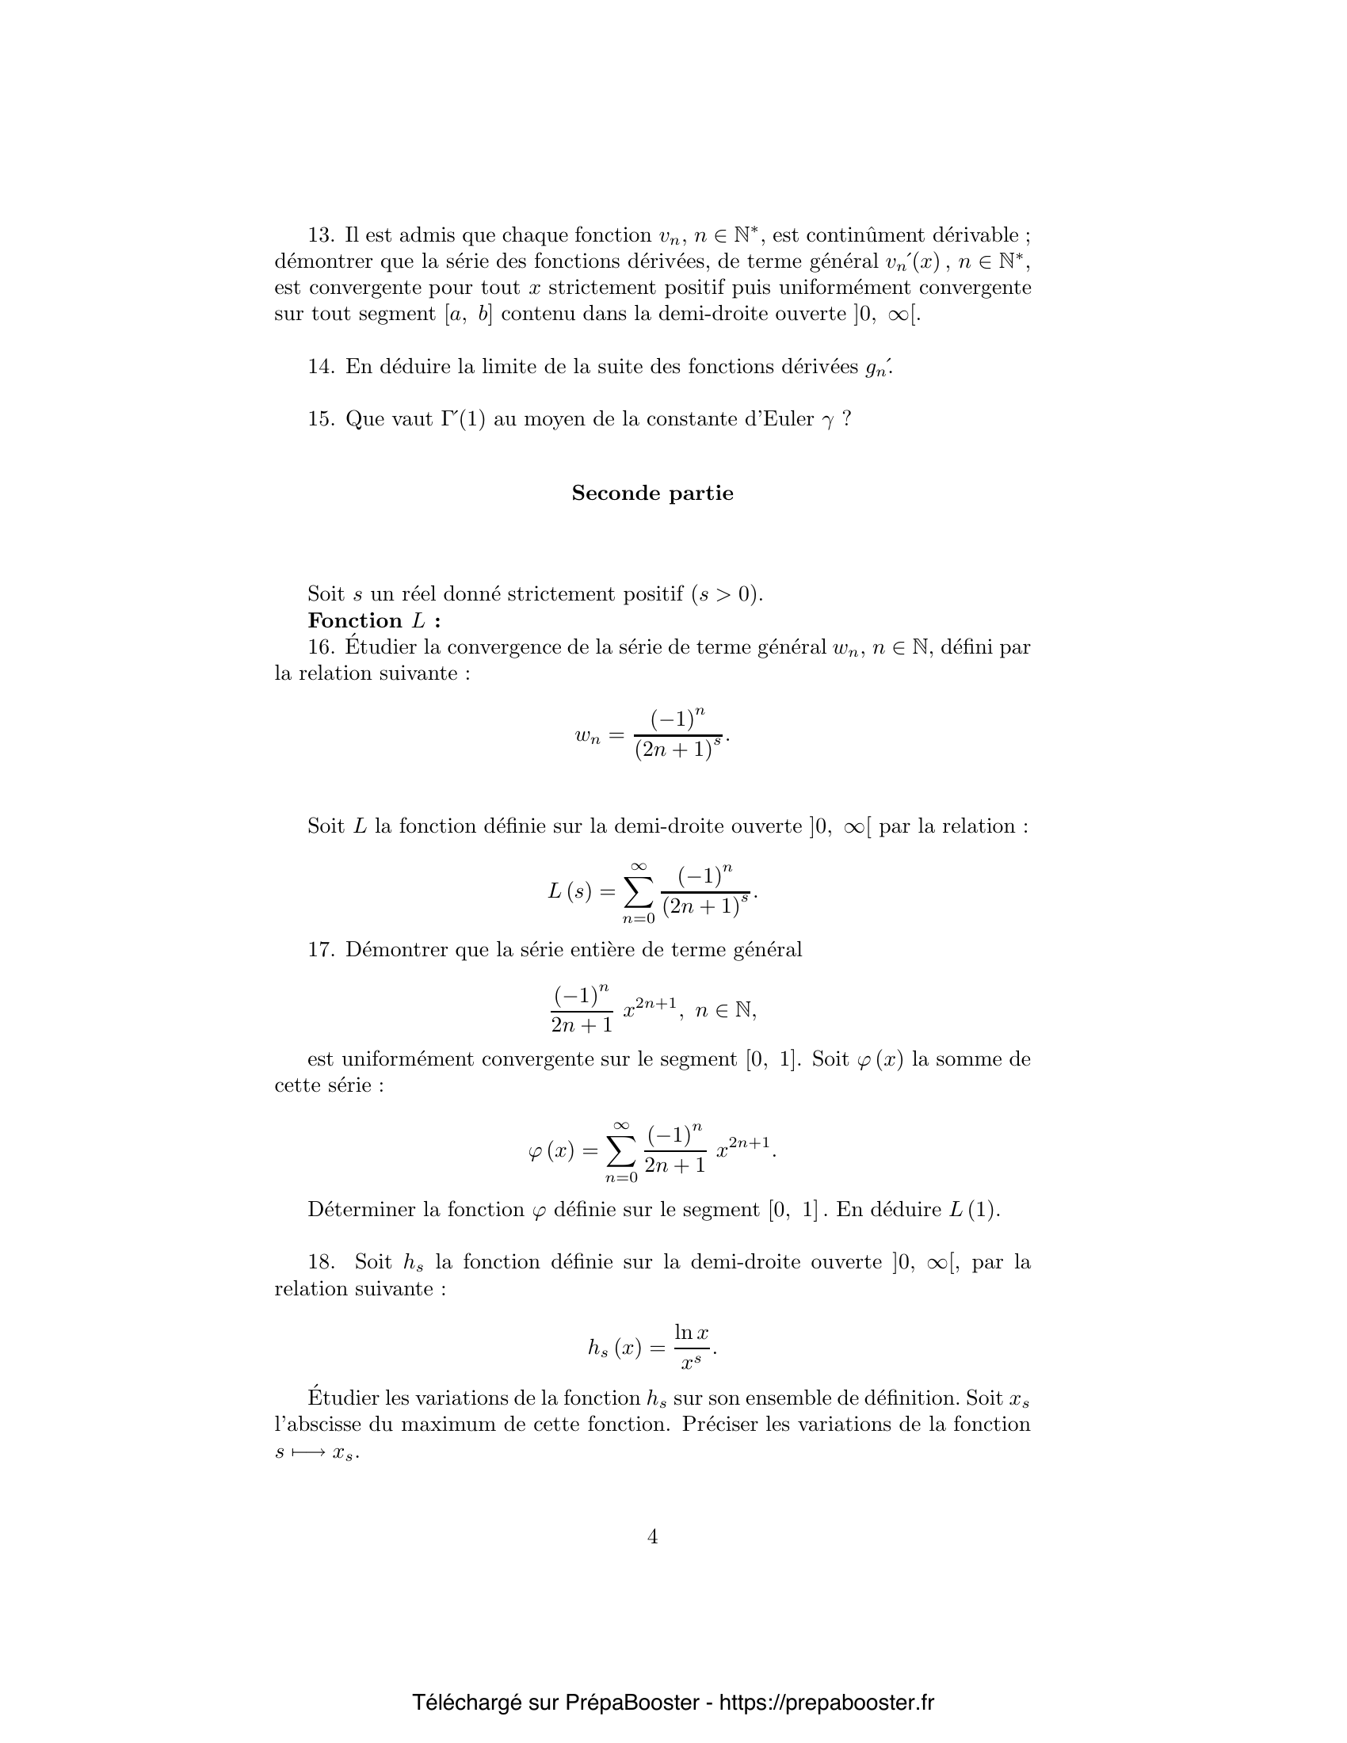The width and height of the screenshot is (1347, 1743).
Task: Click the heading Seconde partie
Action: coord(652,494)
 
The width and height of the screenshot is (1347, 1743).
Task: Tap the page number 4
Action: coord(652,1536)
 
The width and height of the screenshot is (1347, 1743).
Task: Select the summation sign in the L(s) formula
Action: coord(638,893)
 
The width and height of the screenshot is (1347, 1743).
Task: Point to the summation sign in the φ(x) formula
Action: coord(622,1151)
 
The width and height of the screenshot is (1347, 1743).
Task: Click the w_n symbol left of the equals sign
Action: coord(587,736)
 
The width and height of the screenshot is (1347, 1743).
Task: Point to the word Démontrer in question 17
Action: coord(396,950)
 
